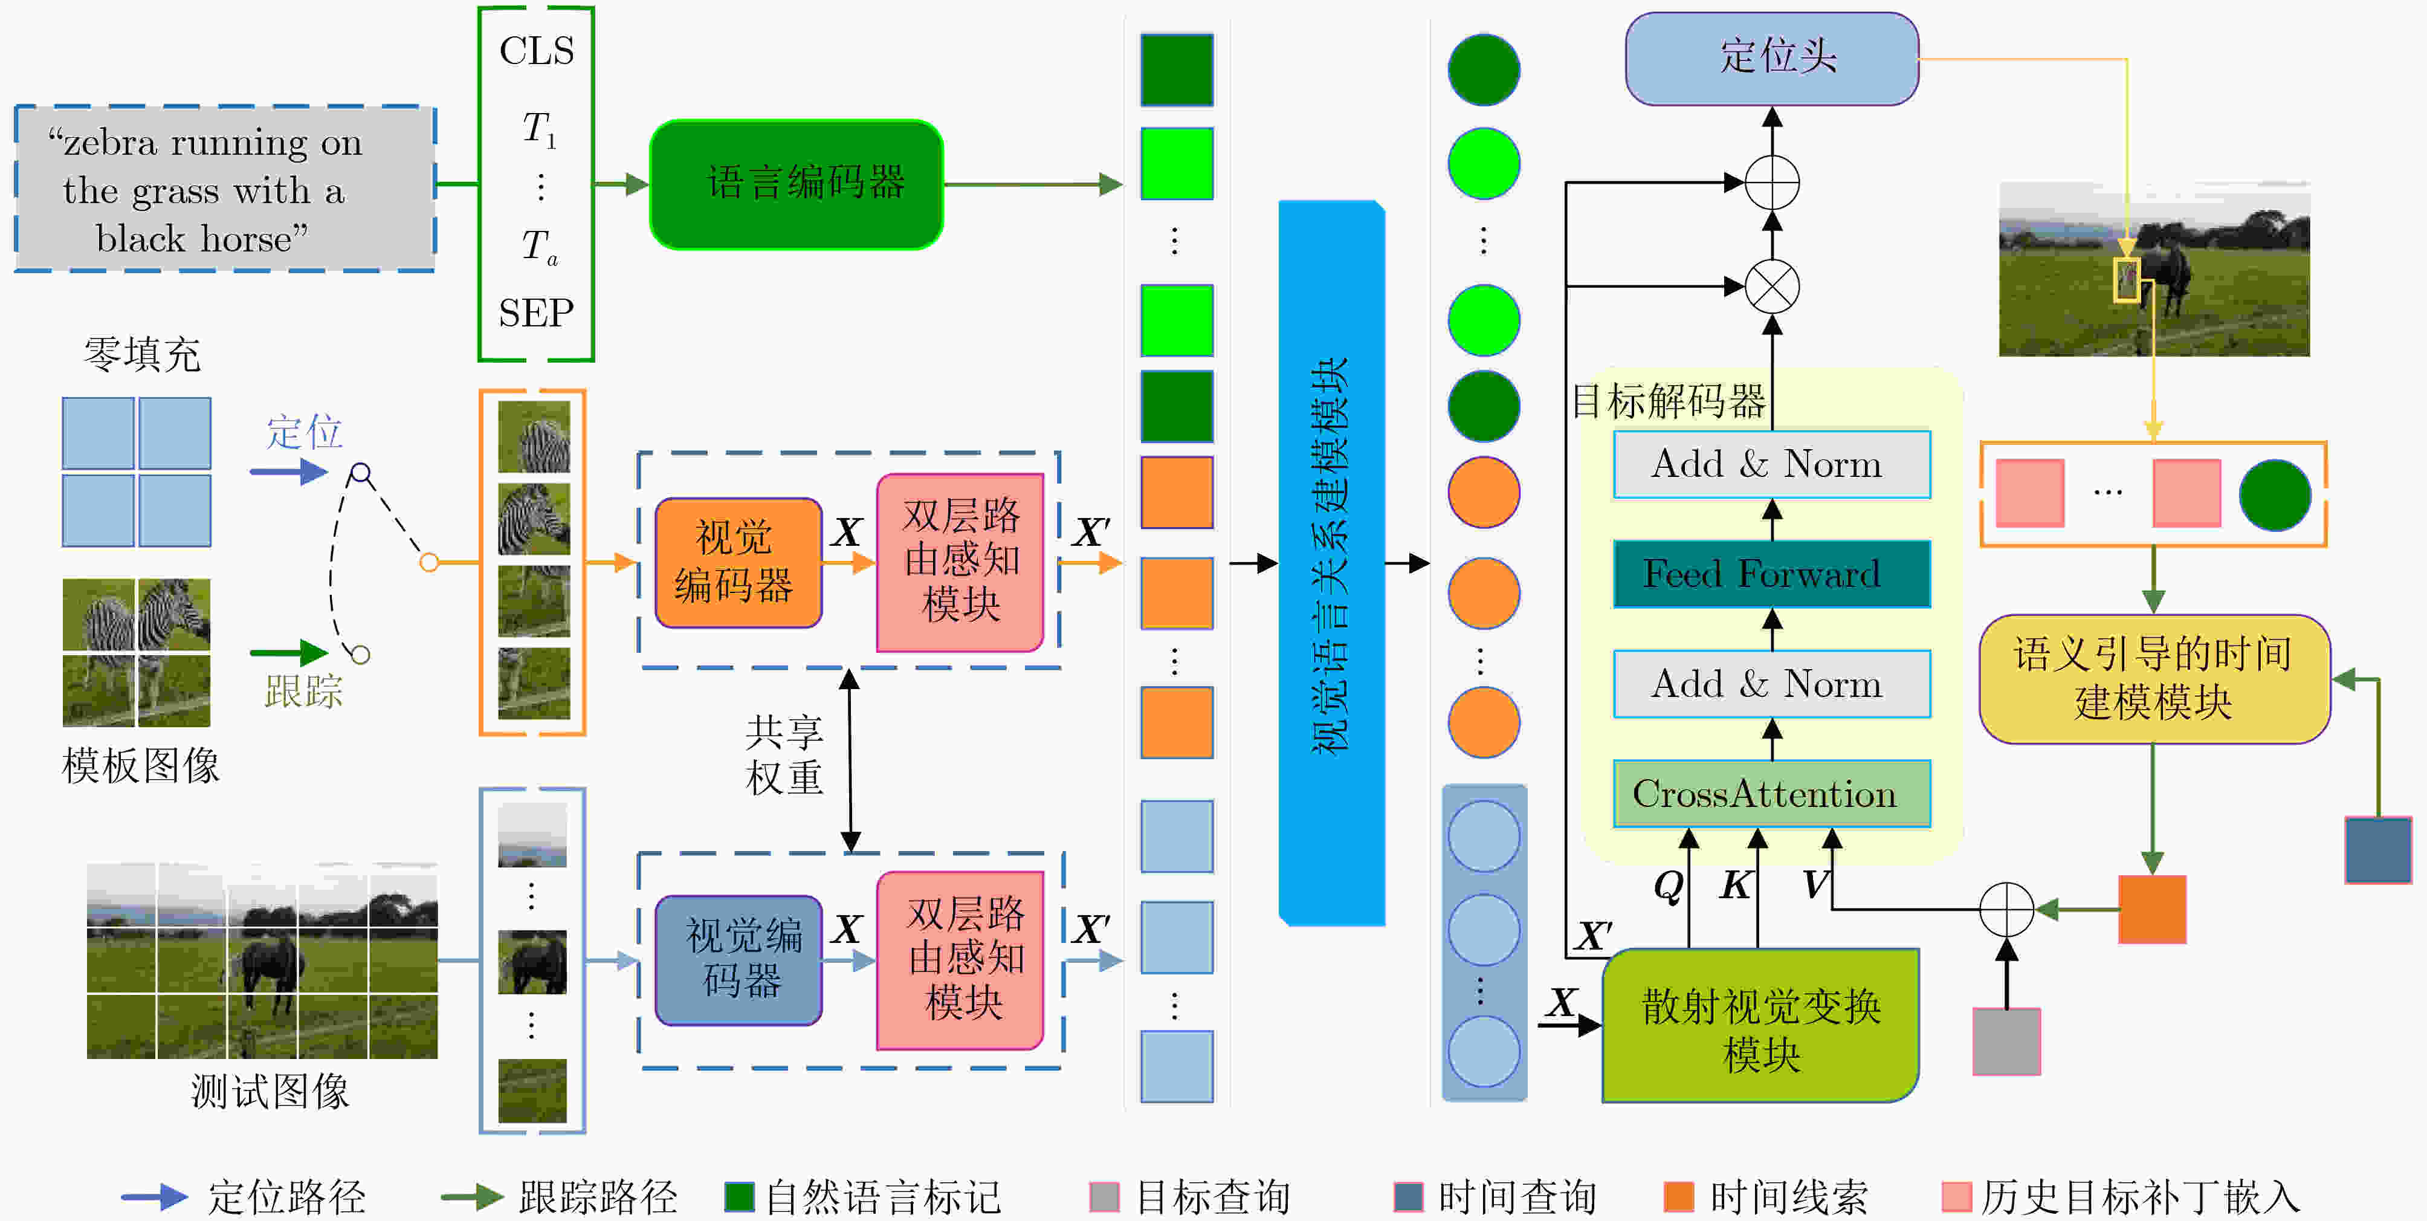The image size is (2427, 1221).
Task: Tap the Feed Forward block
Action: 1772,574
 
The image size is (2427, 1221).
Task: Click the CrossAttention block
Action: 1772,794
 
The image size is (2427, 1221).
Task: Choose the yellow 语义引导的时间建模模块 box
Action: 2154,678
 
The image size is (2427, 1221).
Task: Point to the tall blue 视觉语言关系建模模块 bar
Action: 1331,563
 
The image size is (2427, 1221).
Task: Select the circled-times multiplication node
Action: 1772,287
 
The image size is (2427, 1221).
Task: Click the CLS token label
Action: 536,51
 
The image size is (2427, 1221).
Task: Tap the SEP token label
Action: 536,313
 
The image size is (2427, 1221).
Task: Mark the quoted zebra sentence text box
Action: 225,189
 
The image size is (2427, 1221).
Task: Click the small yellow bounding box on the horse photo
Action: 2127,280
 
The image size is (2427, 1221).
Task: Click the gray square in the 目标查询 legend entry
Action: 1104,1196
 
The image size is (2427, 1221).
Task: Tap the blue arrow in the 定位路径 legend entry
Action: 155,1196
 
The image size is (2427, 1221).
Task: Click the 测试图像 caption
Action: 270,1092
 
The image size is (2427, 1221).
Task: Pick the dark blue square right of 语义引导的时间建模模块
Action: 2378,850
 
